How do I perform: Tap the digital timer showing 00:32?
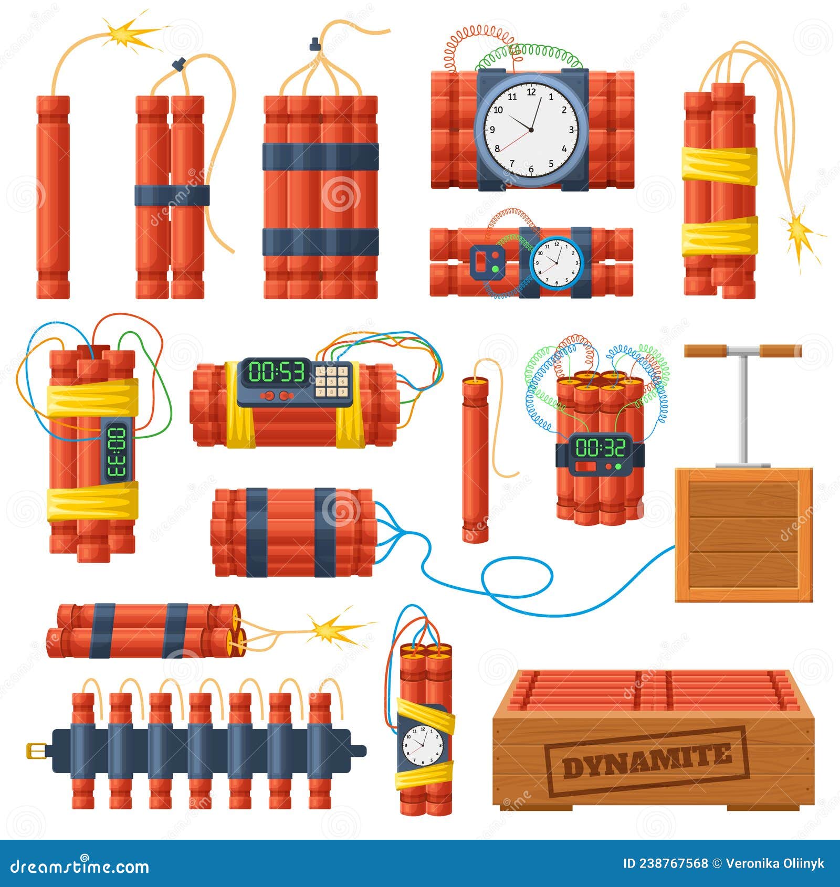pyautogui.click(x=601, y=447)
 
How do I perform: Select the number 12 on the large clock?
pyautogui.click(x=531, y=92)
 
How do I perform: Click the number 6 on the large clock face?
pyautogui.click(x=531, y=169)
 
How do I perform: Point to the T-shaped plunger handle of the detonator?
pyautogui.click(x=742, y=351)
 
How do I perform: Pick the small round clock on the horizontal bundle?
pyautogui.click(x=556, y=262)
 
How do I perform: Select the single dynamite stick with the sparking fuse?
pyautogui.click(x=52, y=197)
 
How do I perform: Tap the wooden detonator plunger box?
pyautogui.click(x=743, y=534)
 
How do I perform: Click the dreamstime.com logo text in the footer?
pyautogui.click(x=80, y=865)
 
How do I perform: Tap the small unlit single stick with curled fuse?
pyautogui.click(x=475, y=457)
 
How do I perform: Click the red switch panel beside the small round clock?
pyautogui.click(x=488, y=261)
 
